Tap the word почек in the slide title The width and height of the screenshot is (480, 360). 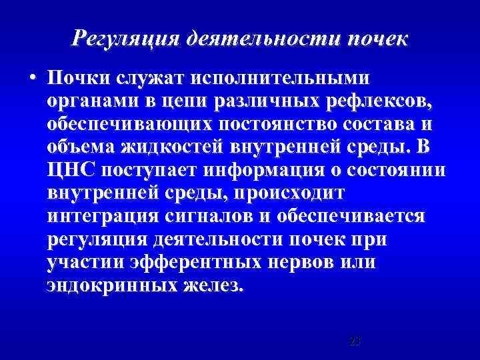point(374,39)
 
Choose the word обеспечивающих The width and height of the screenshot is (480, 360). point(134,124)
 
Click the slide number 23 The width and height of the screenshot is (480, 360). point(355,341)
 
